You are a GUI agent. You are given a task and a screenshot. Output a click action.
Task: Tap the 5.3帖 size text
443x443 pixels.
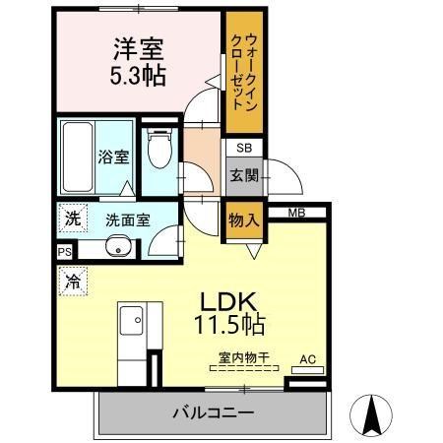pyautogui.click(x=137, y=74)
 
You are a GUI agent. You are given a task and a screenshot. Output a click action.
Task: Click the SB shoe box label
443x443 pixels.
pyautogui.click(x=242, y=149)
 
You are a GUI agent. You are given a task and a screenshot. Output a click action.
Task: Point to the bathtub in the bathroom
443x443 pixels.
pyautogui.click(x=75, y=158)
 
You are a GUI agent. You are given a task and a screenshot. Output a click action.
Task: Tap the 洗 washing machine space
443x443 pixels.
pyautogui.click(x=72, y=219)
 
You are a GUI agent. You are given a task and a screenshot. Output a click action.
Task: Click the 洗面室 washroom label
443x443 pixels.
pyautogui.click(x=127, y=220)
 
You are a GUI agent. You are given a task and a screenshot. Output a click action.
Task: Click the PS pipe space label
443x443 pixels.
pyautogui.click(x=65, y=252)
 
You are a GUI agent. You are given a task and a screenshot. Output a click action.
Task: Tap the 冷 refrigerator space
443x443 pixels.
pyautogui.click(x=72, y=281)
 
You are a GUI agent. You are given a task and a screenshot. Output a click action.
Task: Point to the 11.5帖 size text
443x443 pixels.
pyautogui.click(x=233, y=322)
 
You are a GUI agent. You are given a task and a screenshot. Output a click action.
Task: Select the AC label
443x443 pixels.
pyautogui.click(x=305, y=359)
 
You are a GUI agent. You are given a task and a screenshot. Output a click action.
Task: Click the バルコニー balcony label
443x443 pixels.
pyautogui.click(x=215, y=412)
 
